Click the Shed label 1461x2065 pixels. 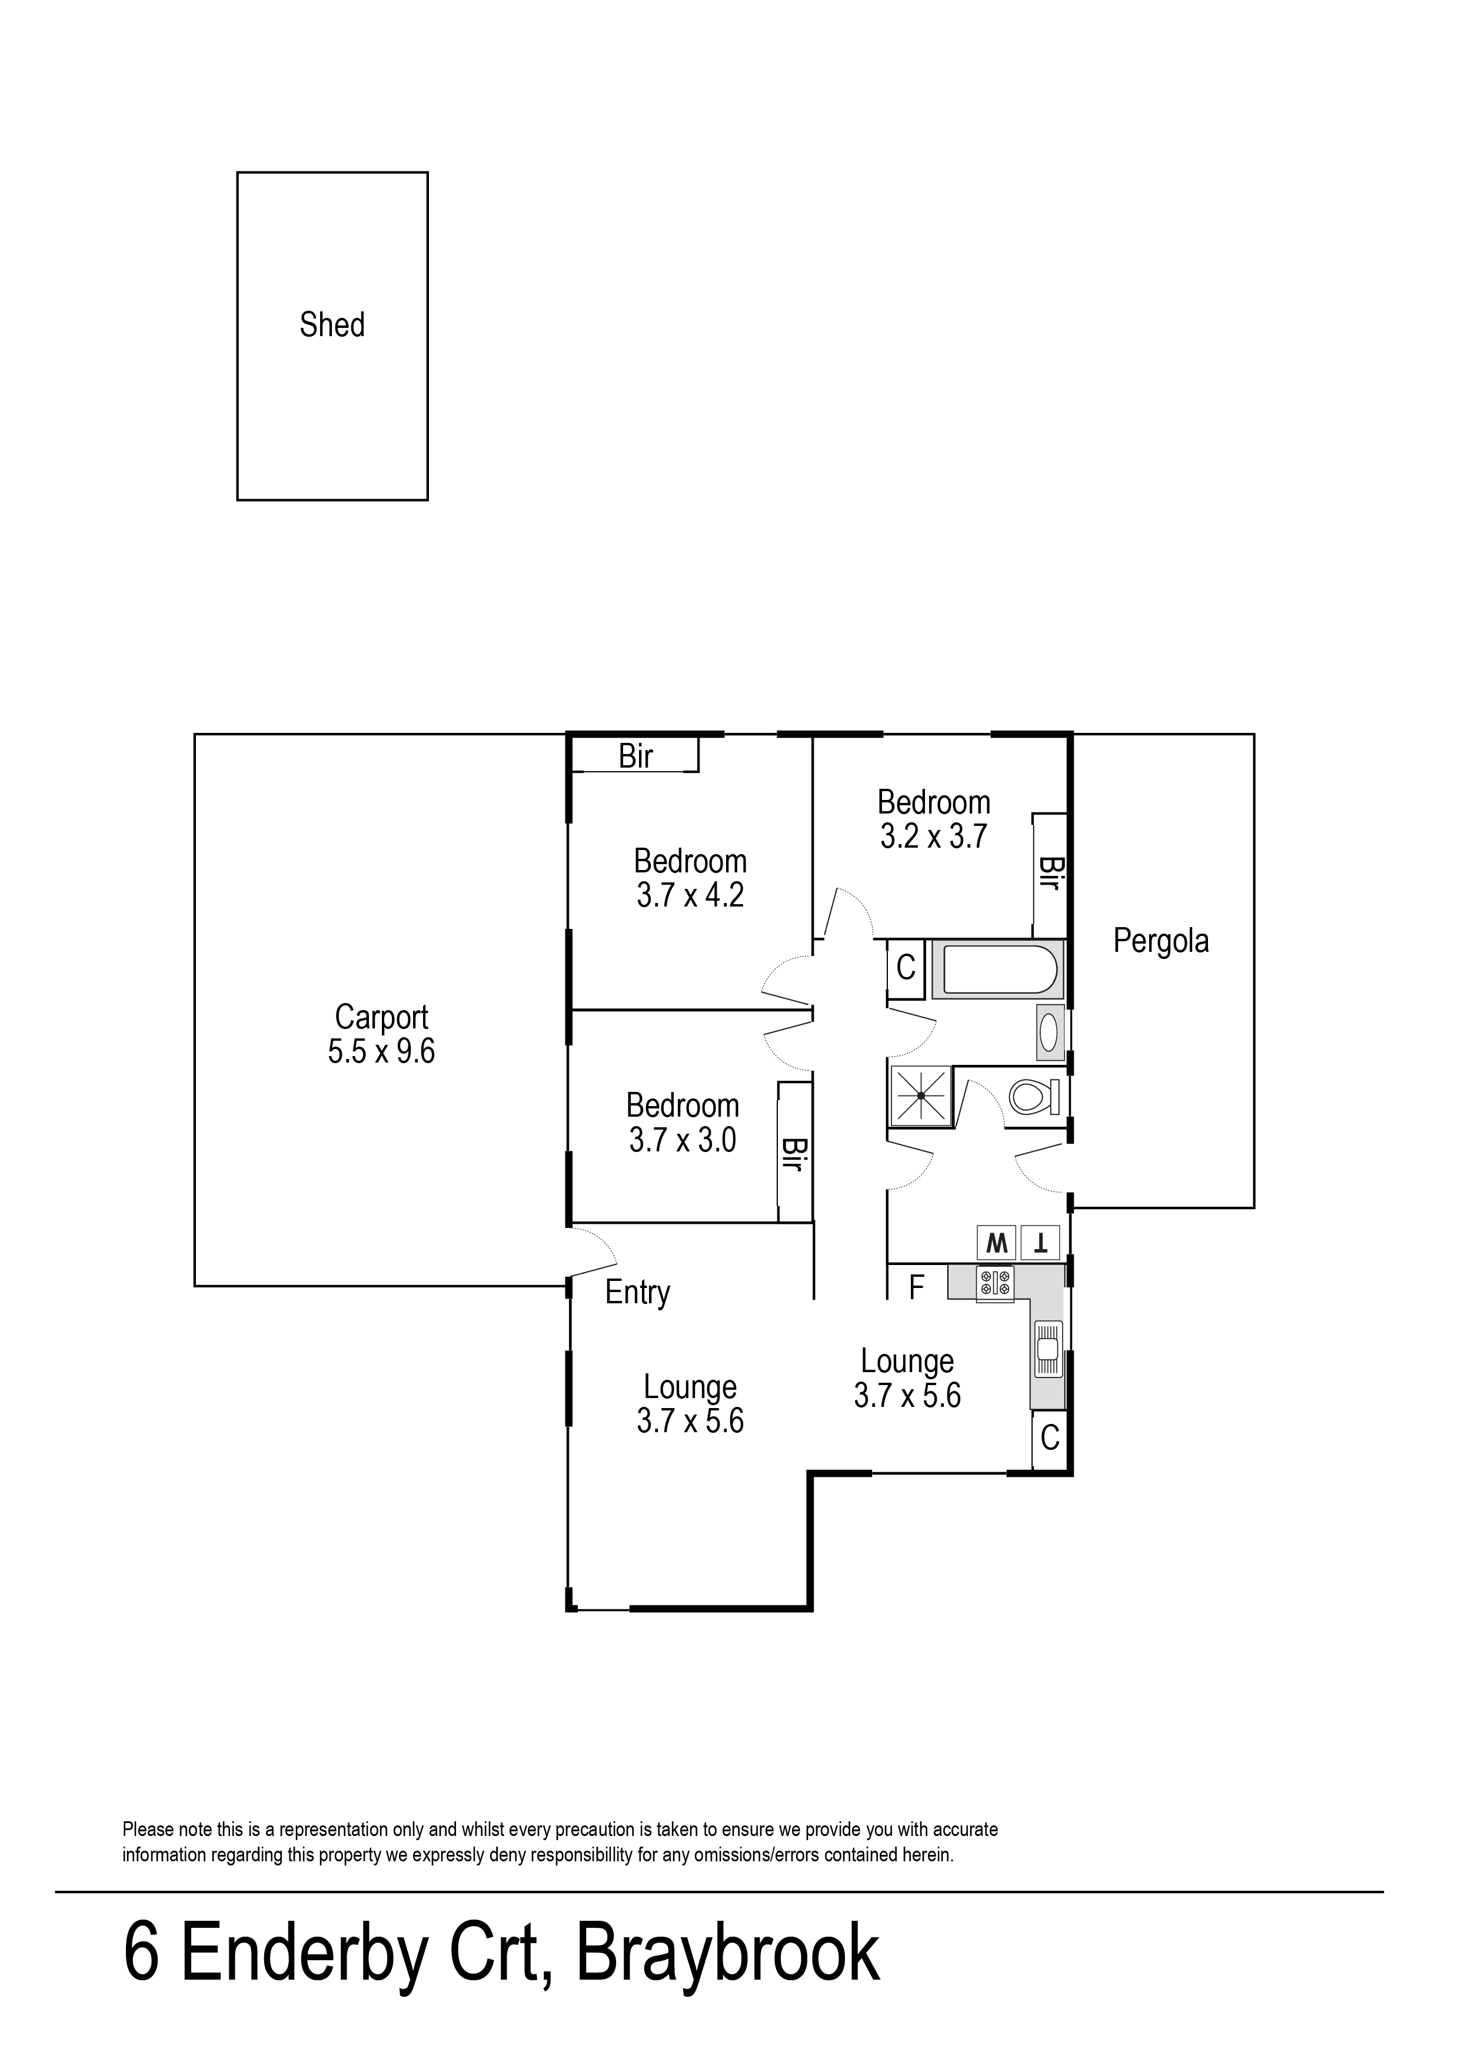[x=332, y=325]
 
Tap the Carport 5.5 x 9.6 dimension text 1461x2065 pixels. [x=381, y=1051]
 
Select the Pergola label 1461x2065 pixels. [x=1160, y=941]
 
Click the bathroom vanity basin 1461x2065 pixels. [x=1049, y=1033]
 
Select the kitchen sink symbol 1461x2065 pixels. [x=1048, y=1350]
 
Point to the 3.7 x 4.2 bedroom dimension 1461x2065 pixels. [x=690, y=896]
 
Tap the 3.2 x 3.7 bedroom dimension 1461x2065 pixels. [x=934, y=837]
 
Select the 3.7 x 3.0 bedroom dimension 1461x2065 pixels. [x=683, y=1141]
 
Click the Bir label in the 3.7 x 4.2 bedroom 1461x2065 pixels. [x=635, y=757]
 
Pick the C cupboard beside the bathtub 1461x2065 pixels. [x=906, y=968]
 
